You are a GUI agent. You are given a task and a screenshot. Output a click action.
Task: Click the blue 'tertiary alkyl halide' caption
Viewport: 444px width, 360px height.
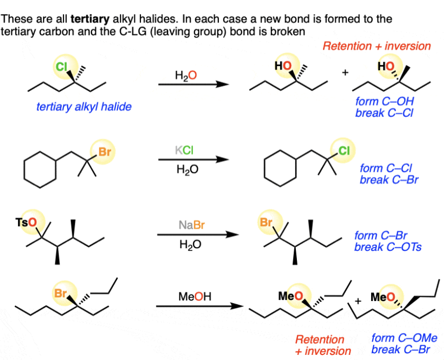84,107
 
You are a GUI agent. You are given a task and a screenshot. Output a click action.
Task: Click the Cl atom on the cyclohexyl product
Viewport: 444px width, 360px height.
343,150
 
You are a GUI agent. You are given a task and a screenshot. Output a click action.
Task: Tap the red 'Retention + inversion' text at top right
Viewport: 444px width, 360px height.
376,46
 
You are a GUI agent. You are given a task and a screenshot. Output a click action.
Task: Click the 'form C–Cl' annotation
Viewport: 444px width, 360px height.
386,168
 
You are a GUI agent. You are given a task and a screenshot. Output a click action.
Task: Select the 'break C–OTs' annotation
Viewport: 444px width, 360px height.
388,247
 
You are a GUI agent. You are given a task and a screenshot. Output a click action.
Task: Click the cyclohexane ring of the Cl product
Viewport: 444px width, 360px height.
280,168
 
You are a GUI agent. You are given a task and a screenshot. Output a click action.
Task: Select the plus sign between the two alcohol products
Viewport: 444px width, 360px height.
345,72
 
